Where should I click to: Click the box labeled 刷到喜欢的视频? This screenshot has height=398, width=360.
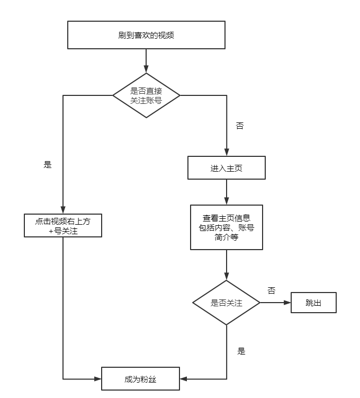[x=146, y=36]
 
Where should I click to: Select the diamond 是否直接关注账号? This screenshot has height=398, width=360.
[x=146, y=95]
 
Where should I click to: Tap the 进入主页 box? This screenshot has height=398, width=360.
[x=226, y=168]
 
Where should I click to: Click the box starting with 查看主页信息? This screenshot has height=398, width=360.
[x=226, y=227]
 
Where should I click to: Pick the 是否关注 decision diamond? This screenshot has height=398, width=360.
[x=226, y=303]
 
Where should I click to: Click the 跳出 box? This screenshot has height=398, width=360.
[x=313, y=303]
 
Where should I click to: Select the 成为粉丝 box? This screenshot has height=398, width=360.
[x=141, y=379]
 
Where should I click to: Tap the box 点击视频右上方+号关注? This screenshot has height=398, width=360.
[x=62, y=226]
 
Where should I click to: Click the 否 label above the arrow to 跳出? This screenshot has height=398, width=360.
[x=271, y=290]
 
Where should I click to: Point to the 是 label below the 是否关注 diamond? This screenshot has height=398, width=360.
[x=241, y=351]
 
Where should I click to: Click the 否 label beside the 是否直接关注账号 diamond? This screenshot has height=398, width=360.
[x=239, y=126]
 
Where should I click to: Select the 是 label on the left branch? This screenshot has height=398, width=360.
[x=48, y=164]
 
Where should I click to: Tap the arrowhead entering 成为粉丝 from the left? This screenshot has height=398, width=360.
[x=98, y=379]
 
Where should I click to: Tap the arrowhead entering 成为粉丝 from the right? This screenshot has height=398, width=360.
[x=184, y=379]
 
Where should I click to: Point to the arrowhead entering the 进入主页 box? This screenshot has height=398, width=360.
[x=226, y=153]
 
